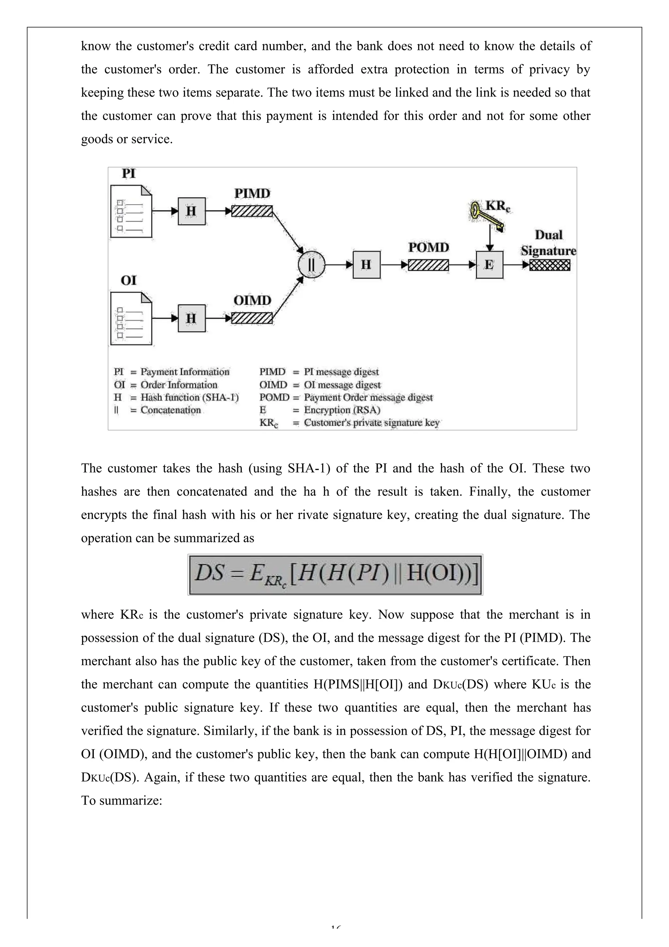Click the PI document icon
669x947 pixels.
pyautogui.click(x=131, y=212)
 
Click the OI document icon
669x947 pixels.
pyautogui.click(x=131, y=319)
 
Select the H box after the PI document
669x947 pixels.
pyautogui.click(x=191, y=211)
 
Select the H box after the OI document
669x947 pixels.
pyautogui.click(x=191, y=318)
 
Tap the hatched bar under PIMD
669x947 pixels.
pyautogui.click(x=252, y=211)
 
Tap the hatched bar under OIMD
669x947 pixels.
pyautogui.click(x=252, y=318)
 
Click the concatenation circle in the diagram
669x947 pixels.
pyautogui.click(x=312, y=265)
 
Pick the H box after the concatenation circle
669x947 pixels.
pyautogui.click(x=367, y=265)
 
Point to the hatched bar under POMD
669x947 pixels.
pyautogui.click(x=428, y=265)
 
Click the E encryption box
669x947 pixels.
pyautogui.click(x=489, y=265)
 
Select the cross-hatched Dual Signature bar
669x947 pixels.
pyautogui.click(x=550, y=265)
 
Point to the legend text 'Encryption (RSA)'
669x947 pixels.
pyautogui.click(x=342, y=410)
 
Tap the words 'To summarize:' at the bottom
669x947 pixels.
pyautogui.click(x=121, y=801)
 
